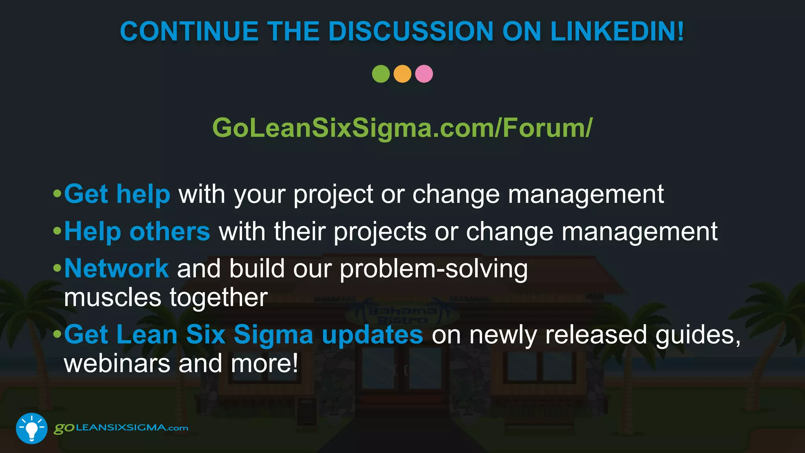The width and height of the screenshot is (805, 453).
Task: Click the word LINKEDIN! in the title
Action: coord(617,31)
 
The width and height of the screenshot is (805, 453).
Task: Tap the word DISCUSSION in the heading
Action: coord(410,31)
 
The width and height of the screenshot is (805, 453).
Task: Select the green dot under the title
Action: coord(380,74)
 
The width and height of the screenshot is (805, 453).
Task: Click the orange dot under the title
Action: coord(402,74)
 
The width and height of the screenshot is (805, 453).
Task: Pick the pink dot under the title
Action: coord(424,74)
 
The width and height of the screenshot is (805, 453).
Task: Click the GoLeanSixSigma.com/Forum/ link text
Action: coord(402,128)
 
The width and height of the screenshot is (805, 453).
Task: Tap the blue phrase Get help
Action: coord(117,194)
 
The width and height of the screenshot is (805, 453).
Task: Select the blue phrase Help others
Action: coord(137,231)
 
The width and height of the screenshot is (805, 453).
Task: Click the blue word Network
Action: coord(116,269)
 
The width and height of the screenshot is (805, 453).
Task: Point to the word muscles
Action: coord(112,298)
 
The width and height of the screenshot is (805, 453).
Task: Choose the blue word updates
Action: coord(372,335)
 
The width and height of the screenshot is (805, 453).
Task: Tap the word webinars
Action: coord(117,363)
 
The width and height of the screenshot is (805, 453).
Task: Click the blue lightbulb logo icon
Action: coord(31,428)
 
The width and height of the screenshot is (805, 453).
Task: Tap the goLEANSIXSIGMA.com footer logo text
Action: coord(121,428)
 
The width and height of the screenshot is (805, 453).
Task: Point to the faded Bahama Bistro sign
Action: coord(402,315)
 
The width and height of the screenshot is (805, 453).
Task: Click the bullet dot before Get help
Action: coord(57,193)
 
